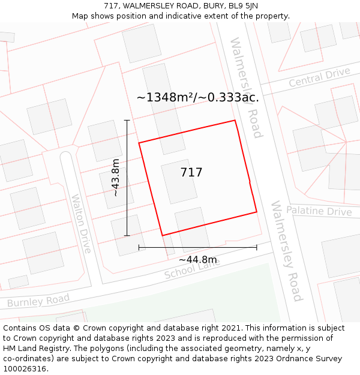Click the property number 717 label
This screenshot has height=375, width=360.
[191, 173]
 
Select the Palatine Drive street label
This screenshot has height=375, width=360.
[319, 211]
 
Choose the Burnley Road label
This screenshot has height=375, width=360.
[38, 299]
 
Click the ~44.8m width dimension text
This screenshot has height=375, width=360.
[198, 260]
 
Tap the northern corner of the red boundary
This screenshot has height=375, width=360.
[235, 121]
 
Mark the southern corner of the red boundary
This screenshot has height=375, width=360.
[163, 235]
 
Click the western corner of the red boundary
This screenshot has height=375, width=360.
[139, 143]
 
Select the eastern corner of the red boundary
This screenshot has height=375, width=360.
[257, 212]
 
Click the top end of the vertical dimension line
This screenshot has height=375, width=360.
[127, 121]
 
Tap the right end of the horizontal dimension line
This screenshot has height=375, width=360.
[257, 247]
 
